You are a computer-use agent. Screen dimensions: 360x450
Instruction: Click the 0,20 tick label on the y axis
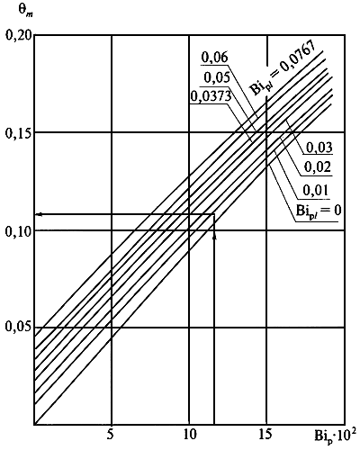coord(18,35)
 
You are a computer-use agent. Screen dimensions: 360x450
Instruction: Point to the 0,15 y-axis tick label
coord(18,133)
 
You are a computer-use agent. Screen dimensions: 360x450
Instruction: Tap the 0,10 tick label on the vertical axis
coord(18,231)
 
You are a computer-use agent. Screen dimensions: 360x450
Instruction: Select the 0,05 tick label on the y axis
coord(18,327)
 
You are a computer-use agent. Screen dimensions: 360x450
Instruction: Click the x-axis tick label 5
coord(112,434)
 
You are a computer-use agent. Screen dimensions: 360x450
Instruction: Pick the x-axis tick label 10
coord(189,434)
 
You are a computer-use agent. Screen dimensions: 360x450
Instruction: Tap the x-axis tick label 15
coord(266,434)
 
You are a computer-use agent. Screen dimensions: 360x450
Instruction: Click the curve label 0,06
coord(214,57)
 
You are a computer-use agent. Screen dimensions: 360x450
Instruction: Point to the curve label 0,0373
coord(211,96)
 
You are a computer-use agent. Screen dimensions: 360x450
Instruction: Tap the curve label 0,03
coord(319,148)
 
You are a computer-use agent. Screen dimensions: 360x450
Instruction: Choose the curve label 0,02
coord(318,167)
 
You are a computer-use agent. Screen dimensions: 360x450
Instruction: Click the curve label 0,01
coord(316,190)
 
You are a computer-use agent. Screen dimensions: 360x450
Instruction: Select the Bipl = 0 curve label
coord(319,211)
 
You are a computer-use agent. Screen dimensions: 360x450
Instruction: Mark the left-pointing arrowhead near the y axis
coord(39,214)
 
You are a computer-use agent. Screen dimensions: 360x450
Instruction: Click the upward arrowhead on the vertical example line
coord(214,237)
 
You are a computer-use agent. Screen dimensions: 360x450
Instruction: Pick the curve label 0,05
coord(217,77)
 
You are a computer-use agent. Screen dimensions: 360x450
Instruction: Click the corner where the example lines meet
coord(214,214)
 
